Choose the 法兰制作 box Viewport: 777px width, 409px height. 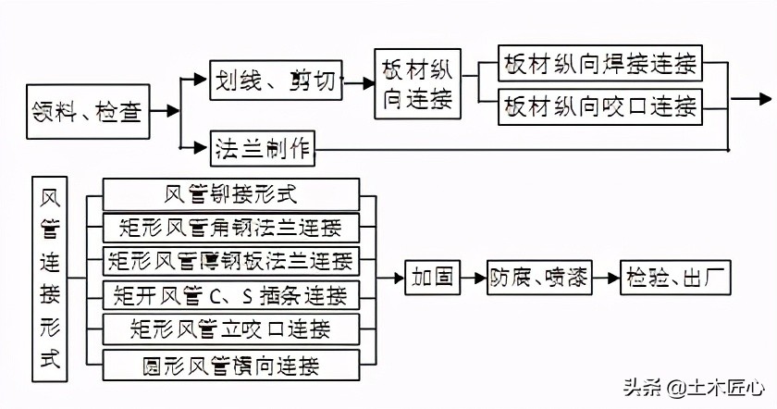point(264,147)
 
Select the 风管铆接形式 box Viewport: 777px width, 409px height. point(230,194)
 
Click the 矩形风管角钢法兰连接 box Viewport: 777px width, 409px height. point(230,228)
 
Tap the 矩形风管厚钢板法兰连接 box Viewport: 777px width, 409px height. point(230,261)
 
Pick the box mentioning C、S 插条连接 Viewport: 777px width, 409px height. point(230,295)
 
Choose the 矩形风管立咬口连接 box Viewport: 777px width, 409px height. point(230,328)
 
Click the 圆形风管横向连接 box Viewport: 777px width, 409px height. point(230,363)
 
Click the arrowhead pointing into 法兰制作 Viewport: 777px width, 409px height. point(203,146)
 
